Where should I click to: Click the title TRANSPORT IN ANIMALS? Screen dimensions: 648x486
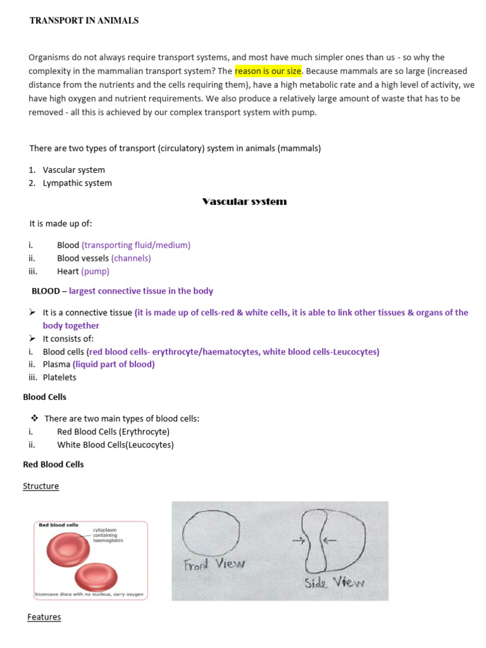click(84, 21)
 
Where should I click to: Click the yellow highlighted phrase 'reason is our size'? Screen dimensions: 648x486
click(268, 70)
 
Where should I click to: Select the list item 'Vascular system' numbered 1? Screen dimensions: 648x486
click(73, 170)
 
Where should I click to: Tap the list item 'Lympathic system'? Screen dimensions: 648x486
click(77, 183)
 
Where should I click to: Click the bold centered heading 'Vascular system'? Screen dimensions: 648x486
click(244, 201)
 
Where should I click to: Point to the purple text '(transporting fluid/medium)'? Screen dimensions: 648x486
click(136, 245)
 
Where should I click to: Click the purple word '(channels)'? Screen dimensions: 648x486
click(131, 258)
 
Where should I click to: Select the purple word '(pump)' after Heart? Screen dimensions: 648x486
click(95, 271)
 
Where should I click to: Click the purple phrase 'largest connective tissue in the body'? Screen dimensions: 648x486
click(141, 291)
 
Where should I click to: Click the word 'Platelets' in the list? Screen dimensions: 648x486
click(59, 377)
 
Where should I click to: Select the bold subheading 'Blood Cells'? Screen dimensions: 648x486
click(44, 397)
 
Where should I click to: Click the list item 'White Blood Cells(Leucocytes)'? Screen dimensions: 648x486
click(115, 444)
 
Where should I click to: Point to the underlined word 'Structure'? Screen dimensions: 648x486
click(40, 486)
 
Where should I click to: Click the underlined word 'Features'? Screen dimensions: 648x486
click(44, 617)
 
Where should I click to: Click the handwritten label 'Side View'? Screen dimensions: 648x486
click(335, 582)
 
